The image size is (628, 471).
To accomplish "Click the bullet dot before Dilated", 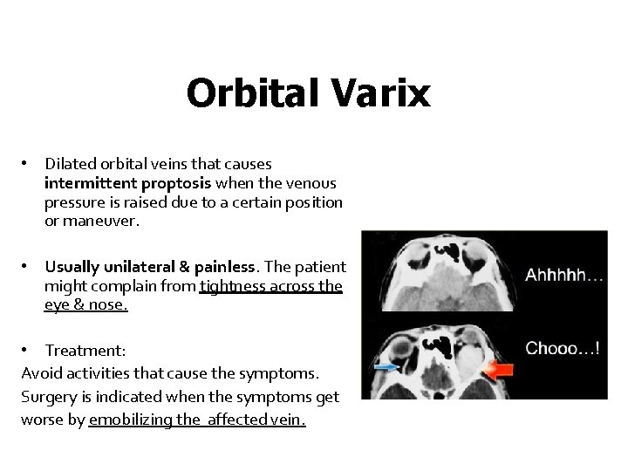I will [29, 164].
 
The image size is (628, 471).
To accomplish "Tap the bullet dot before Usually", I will [29, 267].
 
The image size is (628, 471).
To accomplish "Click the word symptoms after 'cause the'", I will [285, 373].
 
